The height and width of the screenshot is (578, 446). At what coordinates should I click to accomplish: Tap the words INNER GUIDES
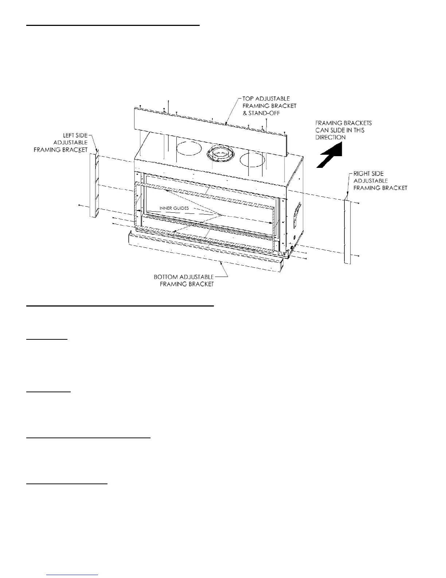[174, 208]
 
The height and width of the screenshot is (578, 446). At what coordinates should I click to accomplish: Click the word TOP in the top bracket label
[248, 99]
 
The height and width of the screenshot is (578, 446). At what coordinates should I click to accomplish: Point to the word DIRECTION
[330, 138]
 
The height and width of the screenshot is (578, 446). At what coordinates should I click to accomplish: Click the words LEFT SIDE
[76, 135]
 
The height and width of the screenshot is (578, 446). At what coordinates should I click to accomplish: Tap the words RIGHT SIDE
[368, 174]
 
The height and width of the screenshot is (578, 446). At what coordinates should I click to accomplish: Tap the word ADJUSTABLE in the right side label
[371, 181]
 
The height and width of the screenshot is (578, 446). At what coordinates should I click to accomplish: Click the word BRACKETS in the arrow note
[357, 123]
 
